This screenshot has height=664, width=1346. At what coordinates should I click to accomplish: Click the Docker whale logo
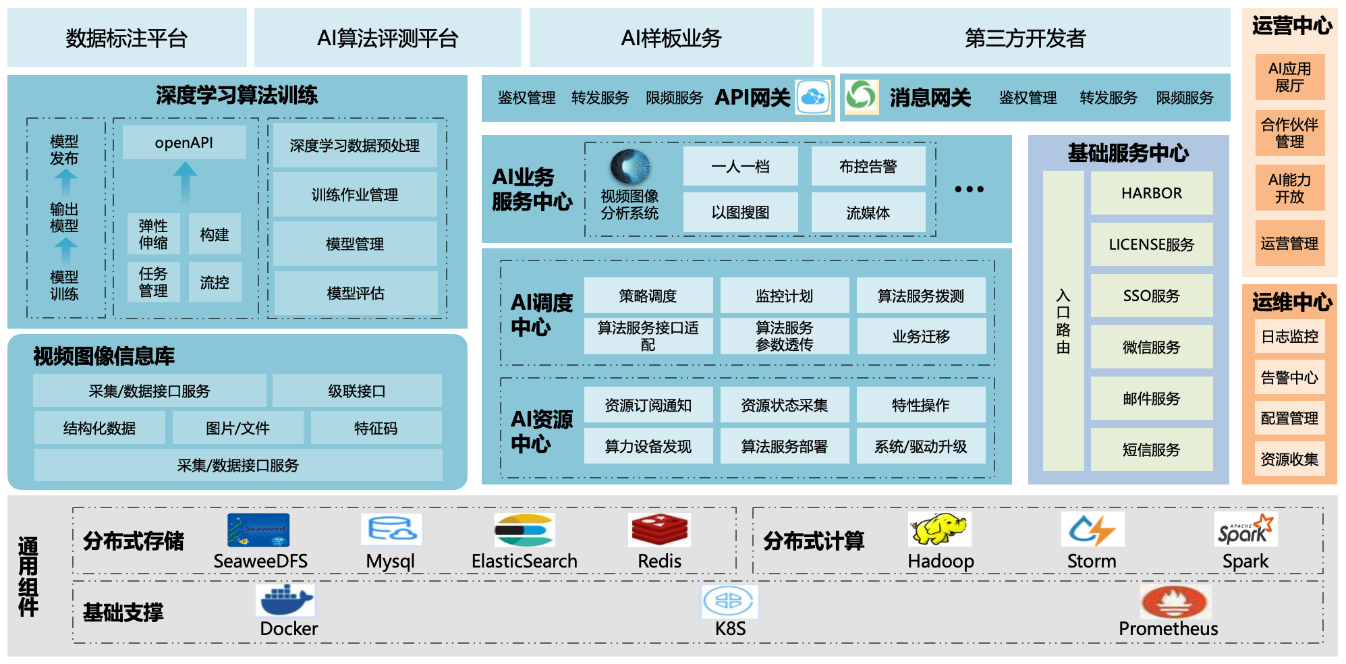tap(286, 600)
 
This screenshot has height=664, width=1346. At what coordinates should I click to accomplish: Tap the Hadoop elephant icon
tap(939, 529)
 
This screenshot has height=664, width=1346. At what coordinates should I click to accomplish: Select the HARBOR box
tap(1151, 193)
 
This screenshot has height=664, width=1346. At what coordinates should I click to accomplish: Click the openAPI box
tap(184, 143)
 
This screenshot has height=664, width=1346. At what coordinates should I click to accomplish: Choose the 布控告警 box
tap(868, 167)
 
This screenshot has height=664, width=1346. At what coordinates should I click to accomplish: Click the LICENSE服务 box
tap(1151, 244)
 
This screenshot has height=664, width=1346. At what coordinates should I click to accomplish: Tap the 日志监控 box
tap(1289, 337)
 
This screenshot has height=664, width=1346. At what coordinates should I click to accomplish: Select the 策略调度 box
tap(648, 296)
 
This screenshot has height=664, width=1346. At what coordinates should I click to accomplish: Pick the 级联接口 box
tap(356, 391)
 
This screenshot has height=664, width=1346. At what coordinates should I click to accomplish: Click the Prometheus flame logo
tap(1175, 601)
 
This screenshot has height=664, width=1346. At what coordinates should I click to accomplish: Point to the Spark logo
tap(1245, 530)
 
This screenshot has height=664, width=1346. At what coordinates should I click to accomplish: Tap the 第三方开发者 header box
tap(1025, 38)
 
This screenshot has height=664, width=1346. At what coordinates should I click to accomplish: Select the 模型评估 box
tap(355, 293)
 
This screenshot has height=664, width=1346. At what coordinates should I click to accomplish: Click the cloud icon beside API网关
tap(813, 97)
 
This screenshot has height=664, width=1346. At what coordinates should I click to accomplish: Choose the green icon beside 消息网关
tap(861, 96)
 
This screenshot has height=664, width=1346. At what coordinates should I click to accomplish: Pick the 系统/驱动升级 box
tap(920, 446)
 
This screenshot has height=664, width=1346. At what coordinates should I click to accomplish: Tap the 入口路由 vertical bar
tap(1063, 321)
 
